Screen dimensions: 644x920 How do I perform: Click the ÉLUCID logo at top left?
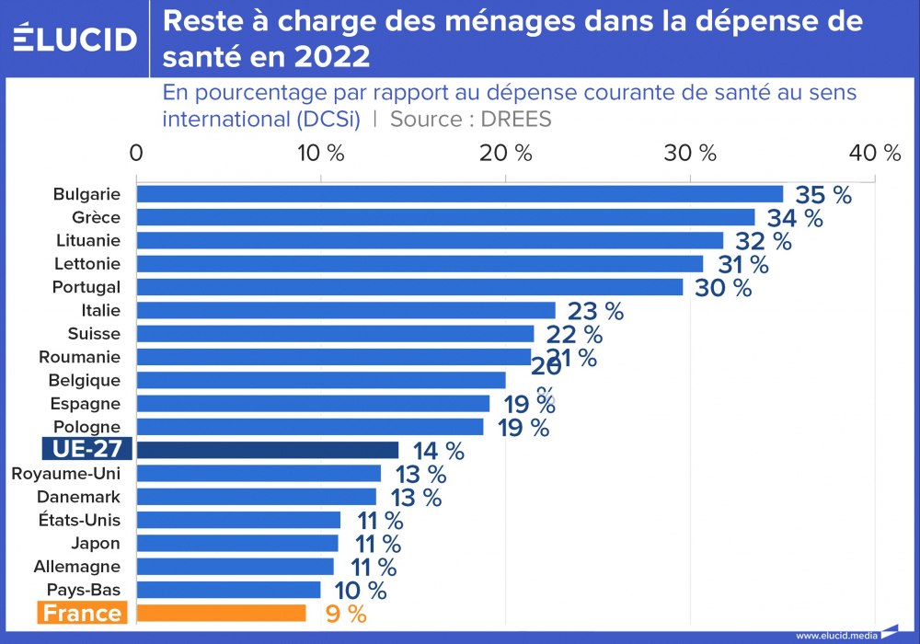tap(75, 38)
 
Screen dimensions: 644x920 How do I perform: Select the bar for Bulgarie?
tap(459, 194)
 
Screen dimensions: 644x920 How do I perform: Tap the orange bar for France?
tap(221, 613)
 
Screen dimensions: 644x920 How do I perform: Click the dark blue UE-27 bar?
tap(267, 450)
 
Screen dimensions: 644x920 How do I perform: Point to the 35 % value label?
tap(823, 195)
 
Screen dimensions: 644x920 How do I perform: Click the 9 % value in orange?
tap(346, 614)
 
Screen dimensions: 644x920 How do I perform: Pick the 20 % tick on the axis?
tap(510, 154)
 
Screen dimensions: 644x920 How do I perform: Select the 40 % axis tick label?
tap(875, 154)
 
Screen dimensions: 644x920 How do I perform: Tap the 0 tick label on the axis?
tap(136, 154)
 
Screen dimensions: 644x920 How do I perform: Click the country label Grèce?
tap(96, 217)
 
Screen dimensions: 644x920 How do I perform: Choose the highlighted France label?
tap(83, 613)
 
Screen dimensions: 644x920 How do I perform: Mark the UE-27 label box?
tap(87, 450)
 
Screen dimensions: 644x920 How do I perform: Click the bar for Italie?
tap(346, 310)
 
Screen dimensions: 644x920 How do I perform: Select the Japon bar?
tap(237, 543)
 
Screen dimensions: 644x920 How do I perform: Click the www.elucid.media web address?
tap(836, 635)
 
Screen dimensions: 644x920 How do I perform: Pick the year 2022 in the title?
tap(331, 57)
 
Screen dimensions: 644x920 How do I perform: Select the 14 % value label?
tap(438, 451)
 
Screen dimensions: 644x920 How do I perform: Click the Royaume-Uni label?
tap(65, 473)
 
